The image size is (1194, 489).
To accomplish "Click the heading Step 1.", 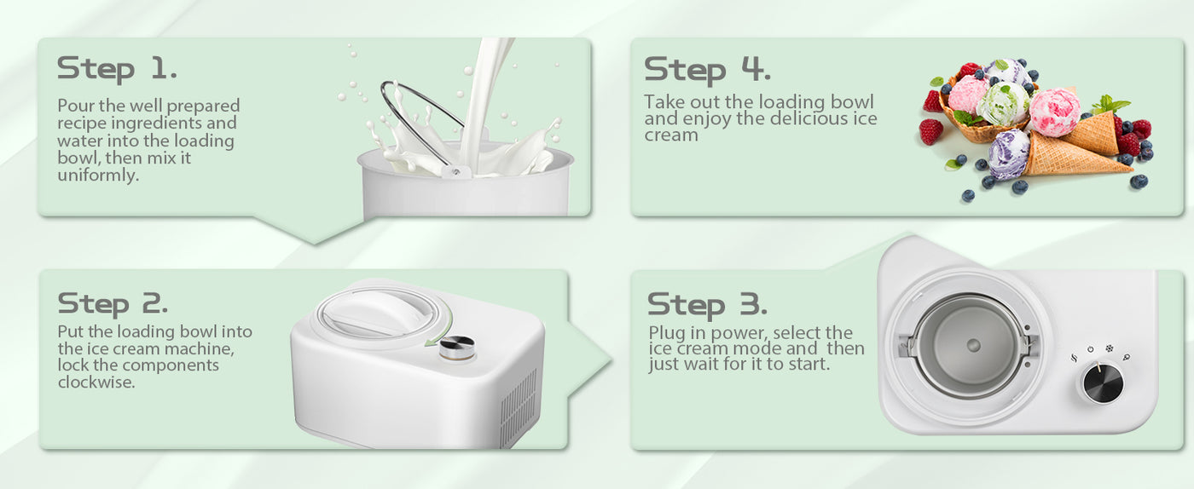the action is point(117,69).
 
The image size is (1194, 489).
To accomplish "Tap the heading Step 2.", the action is point(113,304).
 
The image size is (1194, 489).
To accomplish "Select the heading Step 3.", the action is point(707,305).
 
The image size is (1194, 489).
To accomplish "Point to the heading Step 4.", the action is point(707,70).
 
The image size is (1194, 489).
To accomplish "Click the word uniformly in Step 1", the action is point(98,175).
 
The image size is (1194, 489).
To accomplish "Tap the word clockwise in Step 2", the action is point(96,382).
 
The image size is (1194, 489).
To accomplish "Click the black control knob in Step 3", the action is point(1103,383).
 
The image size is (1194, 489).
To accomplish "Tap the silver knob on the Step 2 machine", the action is point(457,348).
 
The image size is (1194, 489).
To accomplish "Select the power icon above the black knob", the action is point(1091,350).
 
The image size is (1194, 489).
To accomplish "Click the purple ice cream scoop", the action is point(1008,154).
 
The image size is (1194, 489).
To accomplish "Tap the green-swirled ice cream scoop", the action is point(1002,103).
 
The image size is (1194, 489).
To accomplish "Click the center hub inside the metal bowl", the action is point(973,345).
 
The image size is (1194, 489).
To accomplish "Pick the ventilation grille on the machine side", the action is point(519,407).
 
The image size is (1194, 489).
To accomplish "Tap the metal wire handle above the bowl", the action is point(421,122).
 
